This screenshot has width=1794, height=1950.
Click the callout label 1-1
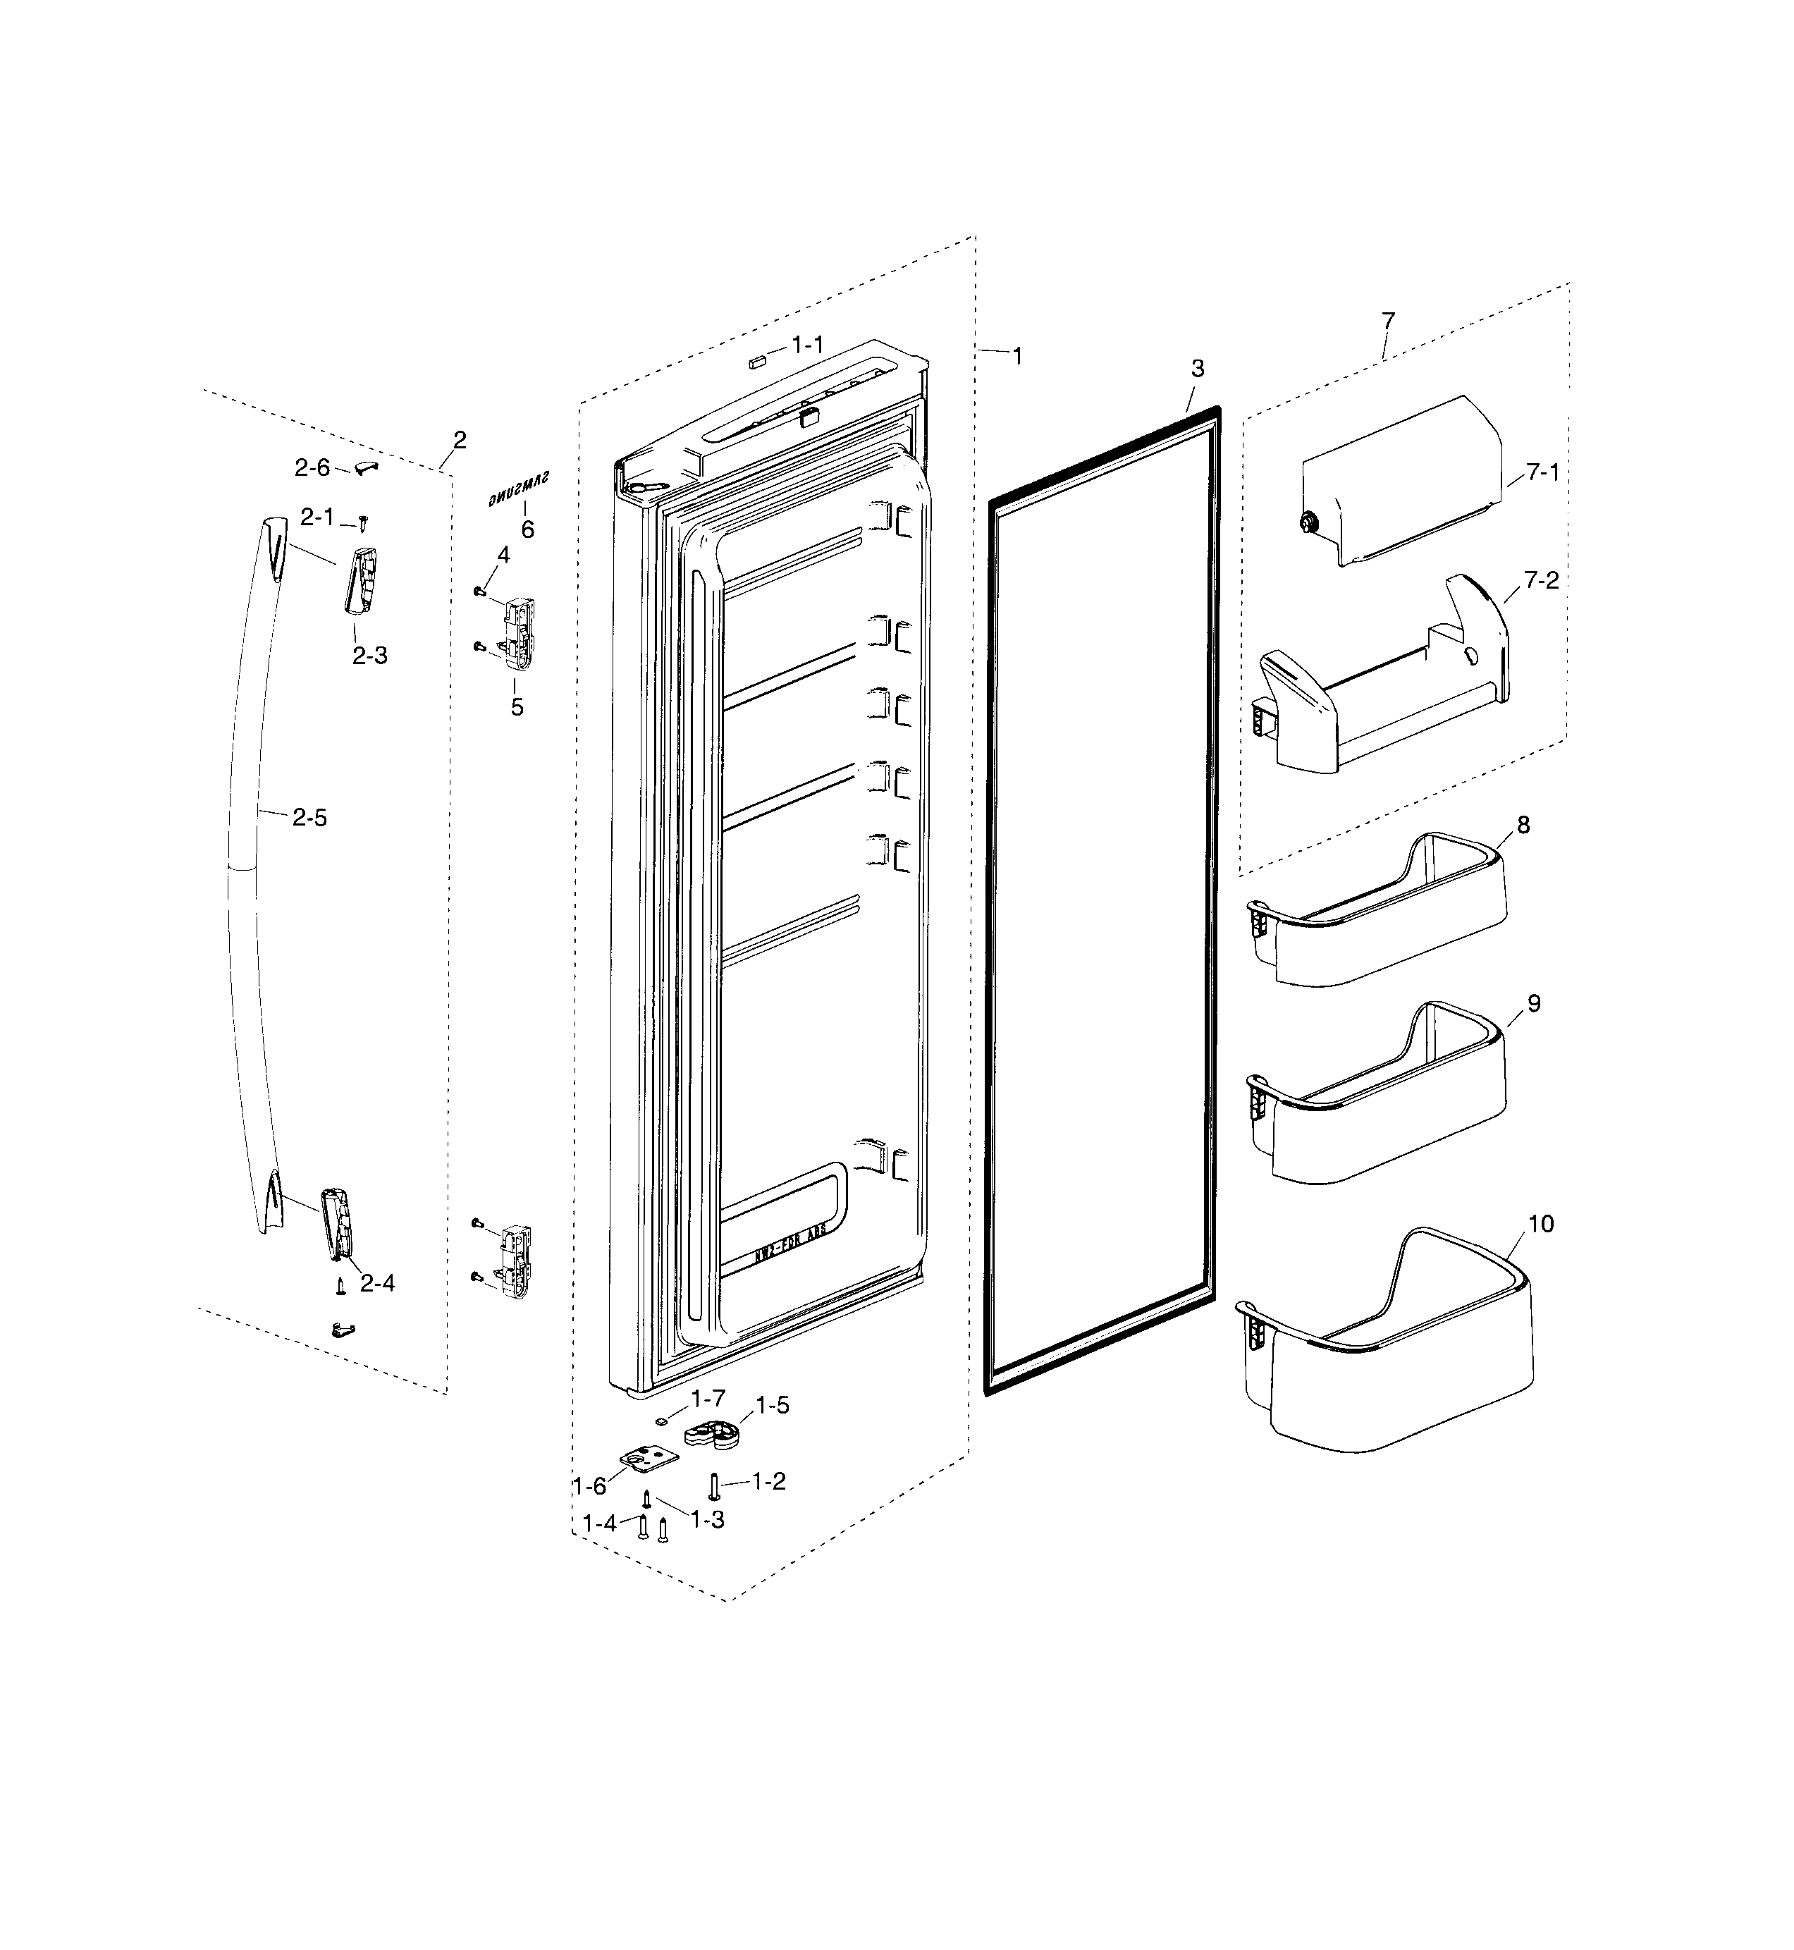click(x=808, y=345)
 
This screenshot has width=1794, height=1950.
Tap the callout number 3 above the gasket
click(x=1197, y=369)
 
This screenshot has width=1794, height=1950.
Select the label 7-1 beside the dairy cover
click(x=1542, y=473)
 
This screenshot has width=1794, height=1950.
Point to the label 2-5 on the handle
click(x=309, y=818)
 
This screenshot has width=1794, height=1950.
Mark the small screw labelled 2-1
click(x=362, y=523)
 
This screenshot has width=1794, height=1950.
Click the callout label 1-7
click(x=708, y=1399)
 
